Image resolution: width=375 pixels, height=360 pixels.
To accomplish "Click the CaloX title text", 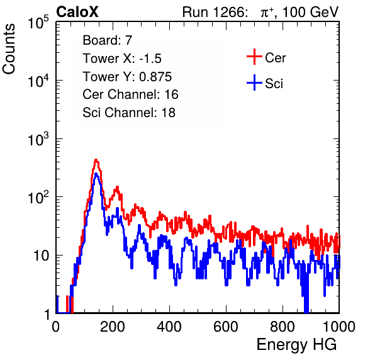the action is (x=77, y=11).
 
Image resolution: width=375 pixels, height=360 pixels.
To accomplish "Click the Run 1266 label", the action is (x=215, y=12).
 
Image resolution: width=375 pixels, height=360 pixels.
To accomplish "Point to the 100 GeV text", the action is (x=311, y=12).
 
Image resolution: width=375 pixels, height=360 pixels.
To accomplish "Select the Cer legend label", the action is (x=275, y=58).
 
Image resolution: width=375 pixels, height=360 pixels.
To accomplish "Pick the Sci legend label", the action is (x=274, y=84).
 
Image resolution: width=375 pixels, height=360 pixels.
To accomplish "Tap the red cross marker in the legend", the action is (x=254, y=57).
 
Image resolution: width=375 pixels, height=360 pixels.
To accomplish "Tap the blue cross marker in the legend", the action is (x=254, y=82).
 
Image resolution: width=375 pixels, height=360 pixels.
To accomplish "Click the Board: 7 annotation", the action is (x=108, y=40).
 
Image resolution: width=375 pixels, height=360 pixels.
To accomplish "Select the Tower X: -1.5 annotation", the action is (x=122, y=59).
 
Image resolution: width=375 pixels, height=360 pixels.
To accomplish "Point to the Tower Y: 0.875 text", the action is (x=127, y=77).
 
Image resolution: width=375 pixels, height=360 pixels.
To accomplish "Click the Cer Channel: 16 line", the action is (x=130, y=94).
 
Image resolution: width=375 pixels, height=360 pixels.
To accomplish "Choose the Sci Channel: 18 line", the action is (x=129, y=113).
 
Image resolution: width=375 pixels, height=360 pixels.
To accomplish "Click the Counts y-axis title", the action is (x=9, y=49).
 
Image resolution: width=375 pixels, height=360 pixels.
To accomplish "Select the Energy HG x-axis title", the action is (x=296, y=345).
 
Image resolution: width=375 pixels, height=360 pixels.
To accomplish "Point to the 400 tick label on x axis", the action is (x=169, y=327).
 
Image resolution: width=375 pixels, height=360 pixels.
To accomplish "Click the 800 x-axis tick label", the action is (x=283, y=327).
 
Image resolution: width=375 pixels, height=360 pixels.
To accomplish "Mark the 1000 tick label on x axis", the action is (x=339, y=327).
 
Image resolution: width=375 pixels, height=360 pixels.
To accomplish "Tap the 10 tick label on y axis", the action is (x=42, y=256).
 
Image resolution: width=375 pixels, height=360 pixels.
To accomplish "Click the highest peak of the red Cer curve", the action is (x=96, y=159).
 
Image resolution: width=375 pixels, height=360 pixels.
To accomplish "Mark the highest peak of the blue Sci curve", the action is (x=96, y=173).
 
